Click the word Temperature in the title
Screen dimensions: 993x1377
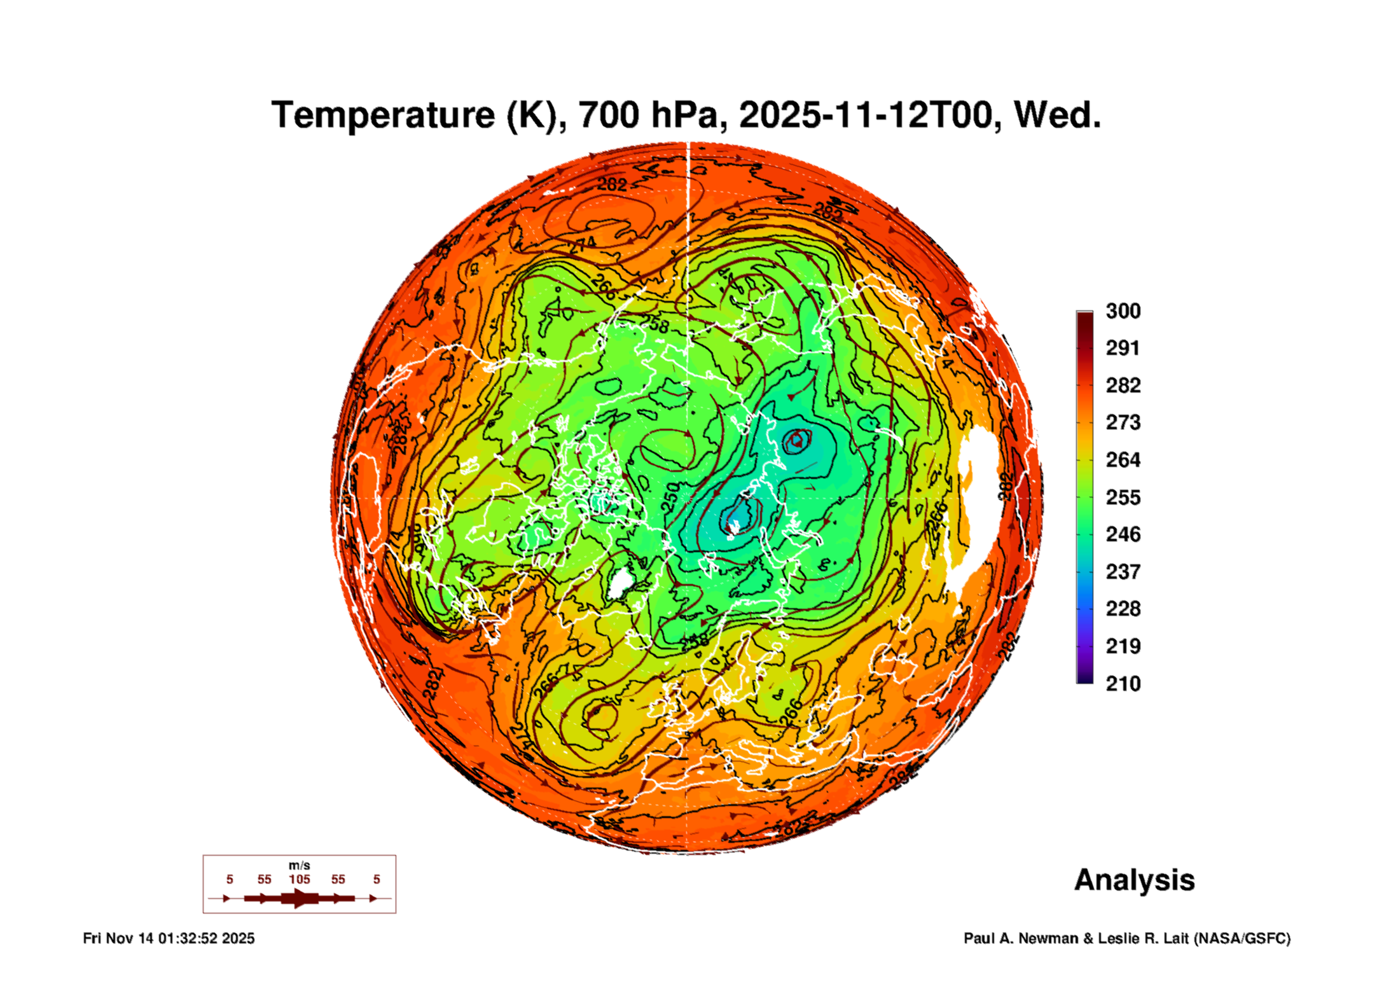[382, 115]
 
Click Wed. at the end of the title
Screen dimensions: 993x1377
[1056, 115]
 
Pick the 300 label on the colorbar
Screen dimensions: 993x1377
[1123, 311]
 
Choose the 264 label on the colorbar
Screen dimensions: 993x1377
[1123, 460]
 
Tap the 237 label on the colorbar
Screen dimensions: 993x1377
[1123, 572]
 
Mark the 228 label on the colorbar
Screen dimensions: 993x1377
[1123, 609]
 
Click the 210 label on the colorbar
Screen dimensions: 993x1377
[1123, 684]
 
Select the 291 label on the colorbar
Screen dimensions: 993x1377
[1123, 348]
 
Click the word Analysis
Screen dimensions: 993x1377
[1134, 880]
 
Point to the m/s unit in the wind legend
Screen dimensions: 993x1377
[299, 866]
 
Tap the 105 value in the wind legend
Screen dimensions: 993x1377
[299, 880]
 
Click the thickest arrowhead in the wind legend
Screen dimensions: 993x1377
[299, 899]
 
